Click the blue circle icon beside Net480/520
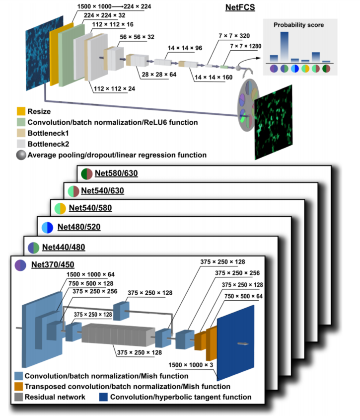pos(47,228)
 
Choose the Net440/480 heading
pos(63,247)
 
